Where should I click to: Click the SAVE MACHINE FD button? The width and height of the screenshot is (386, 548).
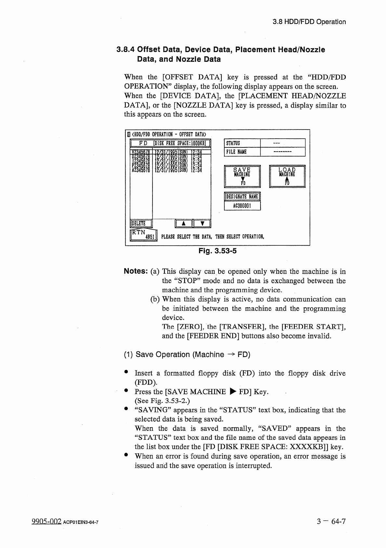pyautogui.click(x=242, y=176)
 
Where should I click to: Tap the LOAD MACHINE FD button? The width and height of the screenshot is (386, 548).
pyautogui.click(x=287, y=176)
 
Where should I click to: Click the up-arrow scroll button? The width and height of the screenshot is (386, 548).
pyautogui.click(x=183, y=224)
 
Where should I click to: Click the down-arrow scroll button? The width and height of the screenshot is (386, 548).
pyautogui.click(x=202, y=224)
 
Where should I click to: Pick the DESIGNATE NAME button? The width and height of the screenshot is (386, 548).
pyautogui.click(x=242, y=197)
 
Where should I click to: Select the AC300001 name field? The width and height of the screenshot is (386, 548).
pyautogui.click(x=242, y=206)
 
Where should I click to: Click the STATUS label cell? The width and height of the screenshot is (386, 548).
pyautogui.click(x=242, y=143)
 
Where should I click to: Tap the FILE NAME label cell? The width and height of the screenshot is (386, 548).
pyautogui.click(x=242, y=152)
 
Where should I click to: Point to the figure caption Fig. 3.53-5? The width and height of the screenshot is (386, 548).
pyautogui.click(x=218, y=251)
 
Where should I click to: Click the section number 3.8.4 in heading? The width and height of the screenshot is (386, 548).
pyautogui.click(x=126, y=50)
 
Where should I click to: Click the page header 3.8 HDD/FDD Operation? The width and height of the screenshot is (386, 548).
pyautogui.click(x=309, y=22)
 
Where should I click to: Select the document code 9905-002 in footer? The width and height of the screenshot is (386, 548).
pyautogui.click(x=46, y=522)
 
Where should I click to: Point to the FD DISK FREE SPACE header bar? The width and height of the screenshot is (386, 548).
pyautogui.click(x=170, y=143)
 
